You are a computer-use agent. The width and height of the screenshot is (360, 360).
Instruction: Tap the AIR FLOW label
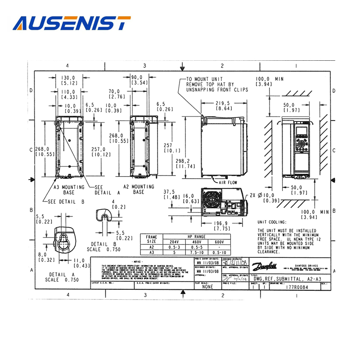[x=228, y=183]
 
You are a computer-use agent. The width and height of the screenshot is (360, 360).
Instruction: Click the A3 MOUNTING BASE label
[x=69, y=189]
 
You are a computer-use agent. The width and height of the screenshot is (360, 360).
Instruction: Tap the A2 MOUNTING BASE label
[x=139, y=189]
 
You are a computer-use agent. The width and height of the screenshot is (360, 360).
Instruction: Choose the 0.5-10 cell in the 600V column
[x=219, y=252]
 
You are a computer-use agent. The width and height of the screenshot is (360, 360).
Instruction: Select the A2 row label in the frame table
[x=152, y=247]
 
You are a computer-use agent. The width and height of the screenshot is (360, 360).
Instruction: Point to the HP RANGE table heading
[x=196, y=236]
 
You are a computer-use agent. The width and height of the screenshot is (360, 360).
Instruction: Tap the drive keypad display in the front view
[x=301, y=132]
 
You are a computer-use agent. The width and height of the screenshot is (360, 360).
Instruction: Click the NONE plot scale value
[x=207, y=286]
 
